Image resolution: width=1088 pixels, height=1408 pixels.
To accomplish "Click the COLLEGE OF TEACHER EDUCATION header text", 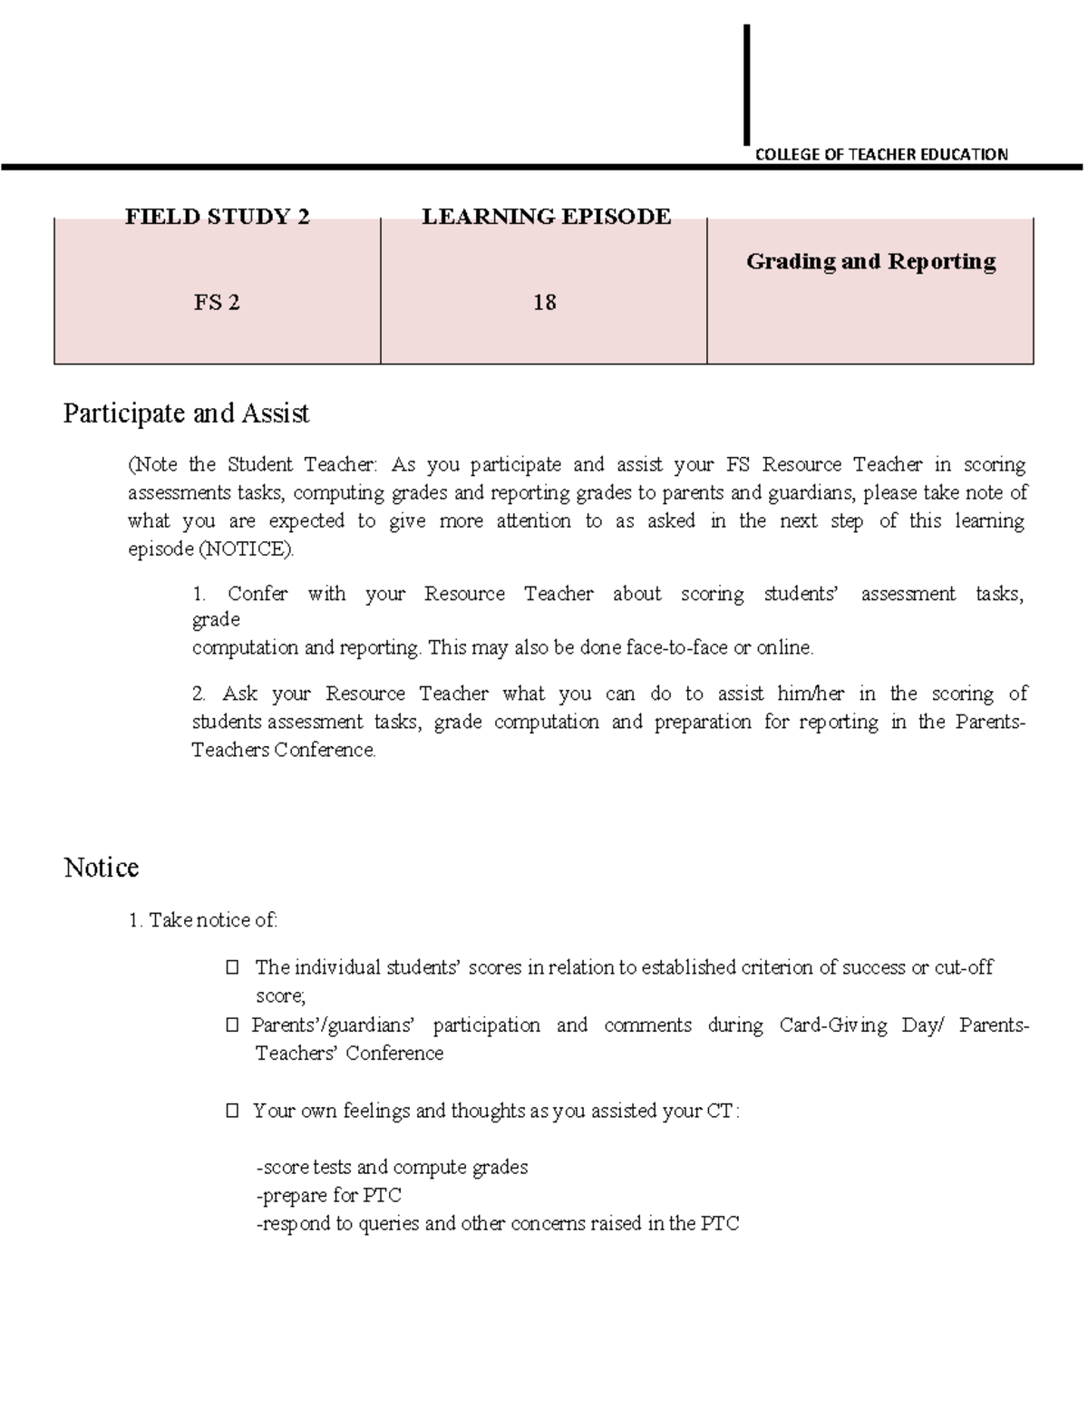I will (880, 154).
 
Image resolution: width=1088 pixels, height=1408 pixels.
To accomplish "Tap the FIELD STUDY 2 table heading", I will (217, 217).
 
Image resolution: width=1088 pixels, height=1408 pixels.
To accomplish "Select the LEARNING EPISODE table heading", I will (546, 217).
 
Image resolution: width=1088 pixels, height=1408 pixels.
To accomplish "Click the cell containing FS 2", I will (217, 303).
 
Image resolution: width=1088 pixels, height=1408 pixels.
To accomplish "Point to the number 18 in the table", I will (544, 303).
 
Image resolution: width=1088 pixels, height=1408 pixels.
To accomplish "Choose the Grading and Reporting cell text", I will (870, 262).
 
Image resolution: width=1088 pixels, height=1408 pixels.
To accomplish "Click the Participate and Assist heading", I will (186, 413).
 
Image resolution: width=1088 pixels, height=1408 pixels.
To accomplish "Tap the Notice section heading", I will (101, 868).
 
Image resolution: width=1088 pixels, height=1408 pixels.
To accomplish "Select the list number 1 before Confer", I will (199, 595).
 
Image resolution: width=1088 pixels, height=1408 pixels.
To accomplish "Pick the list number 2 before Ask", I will (199, 694).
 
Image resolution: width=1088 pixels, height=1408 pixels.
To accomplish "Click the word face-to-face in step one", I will (685, 648).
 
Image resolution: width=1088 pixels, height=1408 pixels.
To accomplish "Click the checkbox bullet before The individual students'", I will (233, 968).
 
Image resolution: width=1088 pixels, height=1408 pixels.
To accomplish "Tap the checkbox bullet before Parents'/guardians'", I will (233, 1025).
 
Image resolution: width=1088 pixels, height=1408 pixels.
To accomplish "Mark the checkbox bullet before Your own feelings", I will (233, 1111).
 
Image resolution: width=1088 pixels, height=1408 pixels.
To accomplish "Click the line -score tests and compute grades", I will (392, 1168).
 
